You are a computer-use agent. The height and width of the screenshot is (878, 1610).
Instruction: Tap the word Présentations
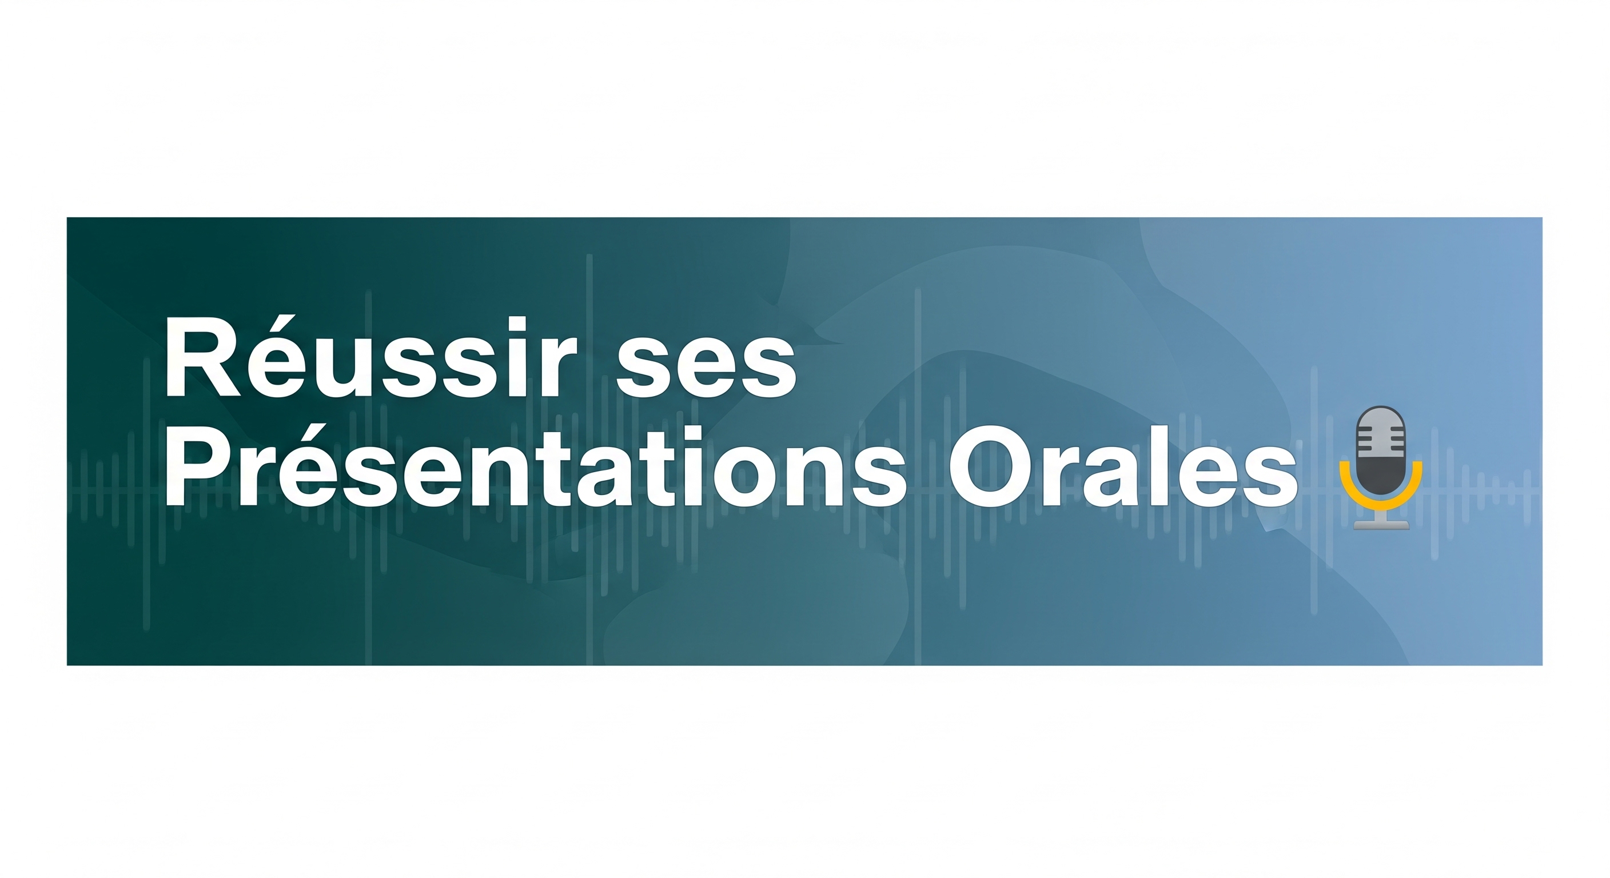point(536,465)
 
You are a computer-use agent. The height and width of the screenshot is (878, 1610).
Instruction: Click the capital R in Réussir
point(202,357)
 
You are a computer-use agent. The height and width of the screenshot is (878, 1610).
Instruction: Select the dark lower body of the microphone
point(1381,475)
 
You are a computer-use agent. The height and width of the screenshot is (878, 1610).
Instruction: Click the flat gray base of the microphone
point(1381,525)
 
